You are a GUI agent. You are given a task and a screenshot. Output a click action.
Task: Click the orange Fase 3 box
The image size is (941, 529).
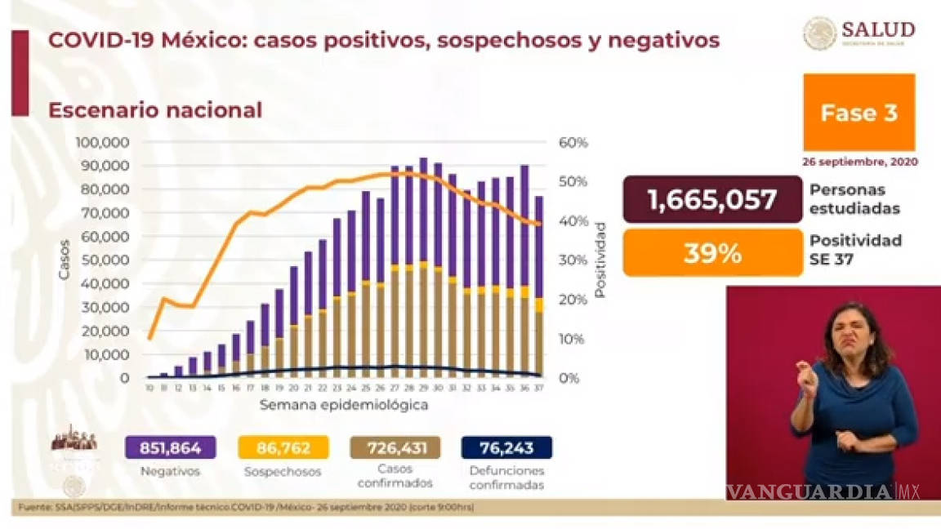[x=858, y=112]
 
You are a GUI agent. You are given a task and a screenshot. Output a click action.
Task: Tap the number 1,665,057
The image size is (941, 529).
[x=712, y=199]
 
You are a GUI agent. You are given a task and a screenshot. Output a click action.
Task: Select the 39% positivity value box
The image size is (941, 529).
[x=712, y=252]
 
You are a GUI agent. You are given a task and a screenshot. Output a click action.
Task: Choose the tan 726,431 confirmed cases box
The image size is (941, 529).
[x=395, y=447]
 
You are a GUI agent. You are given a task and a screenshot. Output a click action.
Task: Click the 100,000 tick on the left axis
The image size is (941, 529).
[x=102, y=143]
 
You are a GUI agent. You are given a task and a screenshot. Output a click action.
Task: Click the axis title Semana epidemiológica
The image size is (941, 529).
[x=344, y=405]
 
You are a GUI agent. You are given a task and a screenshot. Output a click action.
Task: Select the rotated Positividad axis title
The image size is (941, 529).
[x=600, y=259]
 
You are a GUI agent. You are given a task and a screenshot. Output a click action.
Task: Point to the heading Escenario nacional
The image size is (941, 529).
[x=155, y=110]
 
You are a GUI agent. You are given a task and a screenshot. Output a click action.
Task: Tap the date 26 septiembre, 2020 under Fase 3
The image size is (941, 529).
[x=860, y=162]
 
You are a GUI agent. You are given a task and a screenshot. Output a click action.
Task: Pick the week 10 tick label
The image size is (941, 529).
[x=150, y=388]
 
